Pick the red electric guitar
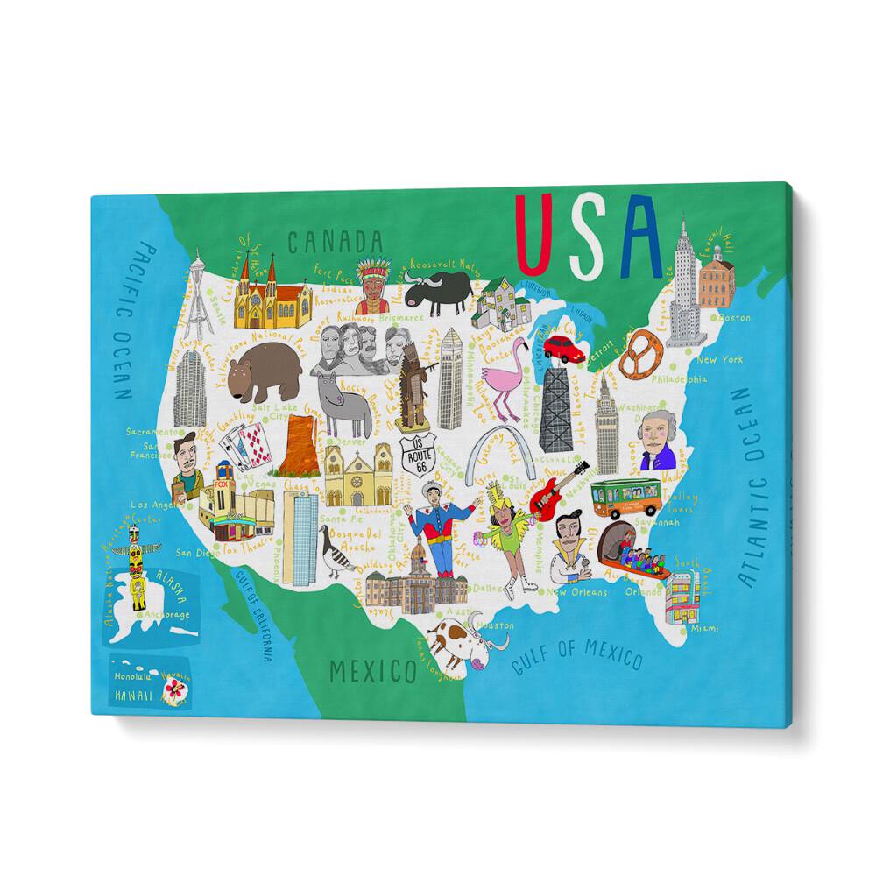pyautogui.click(x=555, y=489)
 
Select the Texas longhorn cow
pyautogui.click(x=461, y=639)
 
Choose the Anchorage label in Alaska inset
pyautogui.click(x=166, y=614)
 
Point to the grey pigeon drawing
pyautogui.click(x=336, y=555)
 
